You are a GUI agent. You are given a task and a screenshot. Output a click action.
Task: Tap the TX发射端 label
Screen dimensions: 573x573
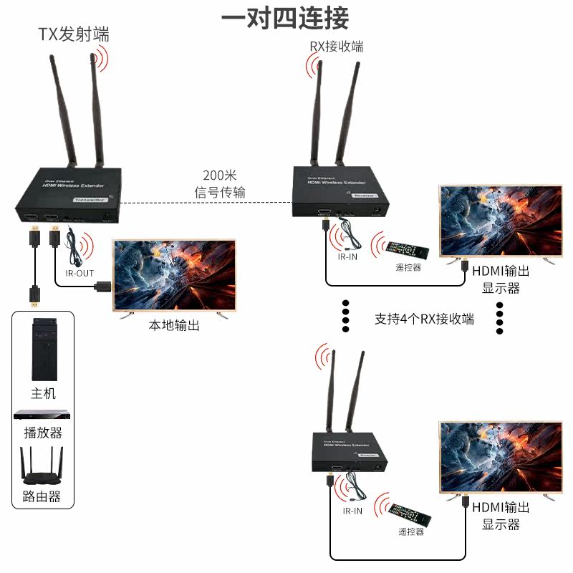coord(74,34)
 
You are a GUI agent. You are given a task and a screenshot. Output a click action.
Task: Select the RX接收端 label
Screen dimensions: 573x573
coord(336,47)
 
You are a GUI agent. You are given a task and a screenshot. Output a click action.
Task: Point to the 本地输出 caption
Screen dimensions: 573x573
coord(173,326)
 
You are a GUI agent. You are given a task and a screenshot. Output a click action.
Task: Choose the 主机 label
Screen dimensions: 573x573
coord(43,393)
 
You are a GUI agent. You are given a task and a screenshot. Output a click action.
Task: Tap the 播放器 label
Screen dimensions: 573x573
coord(43,433)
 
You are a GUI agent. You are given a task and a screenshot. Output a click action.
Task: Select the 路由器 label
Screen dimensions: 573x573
coord(43,496)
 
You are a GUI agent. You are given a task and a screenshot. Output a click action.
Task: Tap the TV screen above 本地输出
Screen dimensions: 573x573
coord(175,275)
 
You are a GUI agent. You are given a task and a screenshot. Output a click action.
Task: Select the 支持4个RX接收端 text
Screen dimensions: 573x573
coord(424,319)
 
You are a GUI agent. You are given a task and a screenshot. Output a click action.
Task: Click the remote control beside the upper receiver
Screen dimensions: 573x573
coord(408,250)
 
